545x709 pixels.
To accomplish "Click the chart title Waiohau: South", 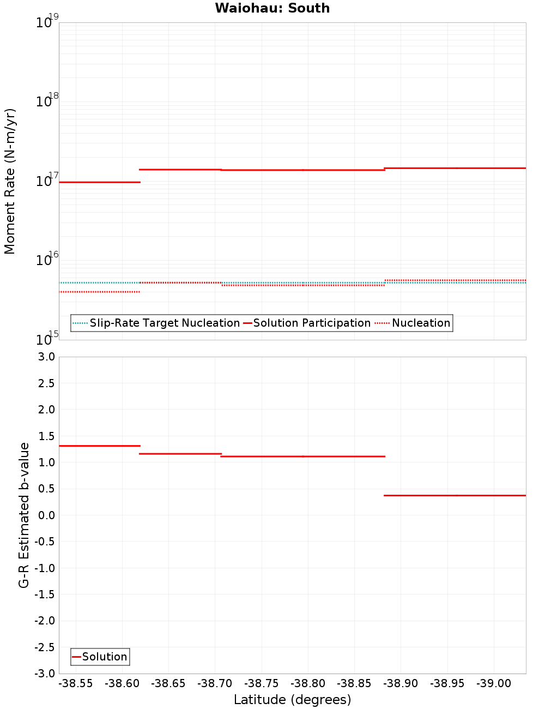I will point(272,8).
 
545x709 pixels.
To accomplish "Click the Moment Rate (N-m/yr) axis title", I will point(10,181).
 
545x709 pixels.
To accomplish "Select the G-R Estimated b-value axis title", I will point(24,515).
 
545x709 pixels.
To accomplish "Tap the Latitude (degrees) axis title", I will point(292,700).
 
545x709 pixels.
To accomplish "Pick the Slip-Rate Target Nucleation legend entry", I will point(164,323).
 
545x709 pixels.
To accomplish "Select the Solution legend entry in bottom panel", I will point(104,657).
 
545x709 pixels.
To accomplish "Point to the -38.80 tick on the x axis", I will point(308,683).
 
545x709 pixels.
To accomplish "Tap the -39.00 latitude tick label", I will point(494,683).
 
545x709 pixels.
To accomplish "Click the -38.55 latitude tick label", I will point(76,683).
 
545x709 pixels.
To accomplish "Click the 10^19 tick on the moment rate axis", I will point(44,22).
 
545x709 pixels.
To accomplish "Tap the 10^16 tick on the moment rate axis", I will point(44,260).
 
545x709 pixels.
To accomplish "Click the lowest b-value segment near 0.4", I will point(455,495).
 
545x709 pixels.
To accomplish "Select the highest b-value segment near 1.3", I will point(99,446).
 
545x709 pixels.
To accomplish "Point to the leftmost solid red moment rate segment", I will point(99,182).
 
